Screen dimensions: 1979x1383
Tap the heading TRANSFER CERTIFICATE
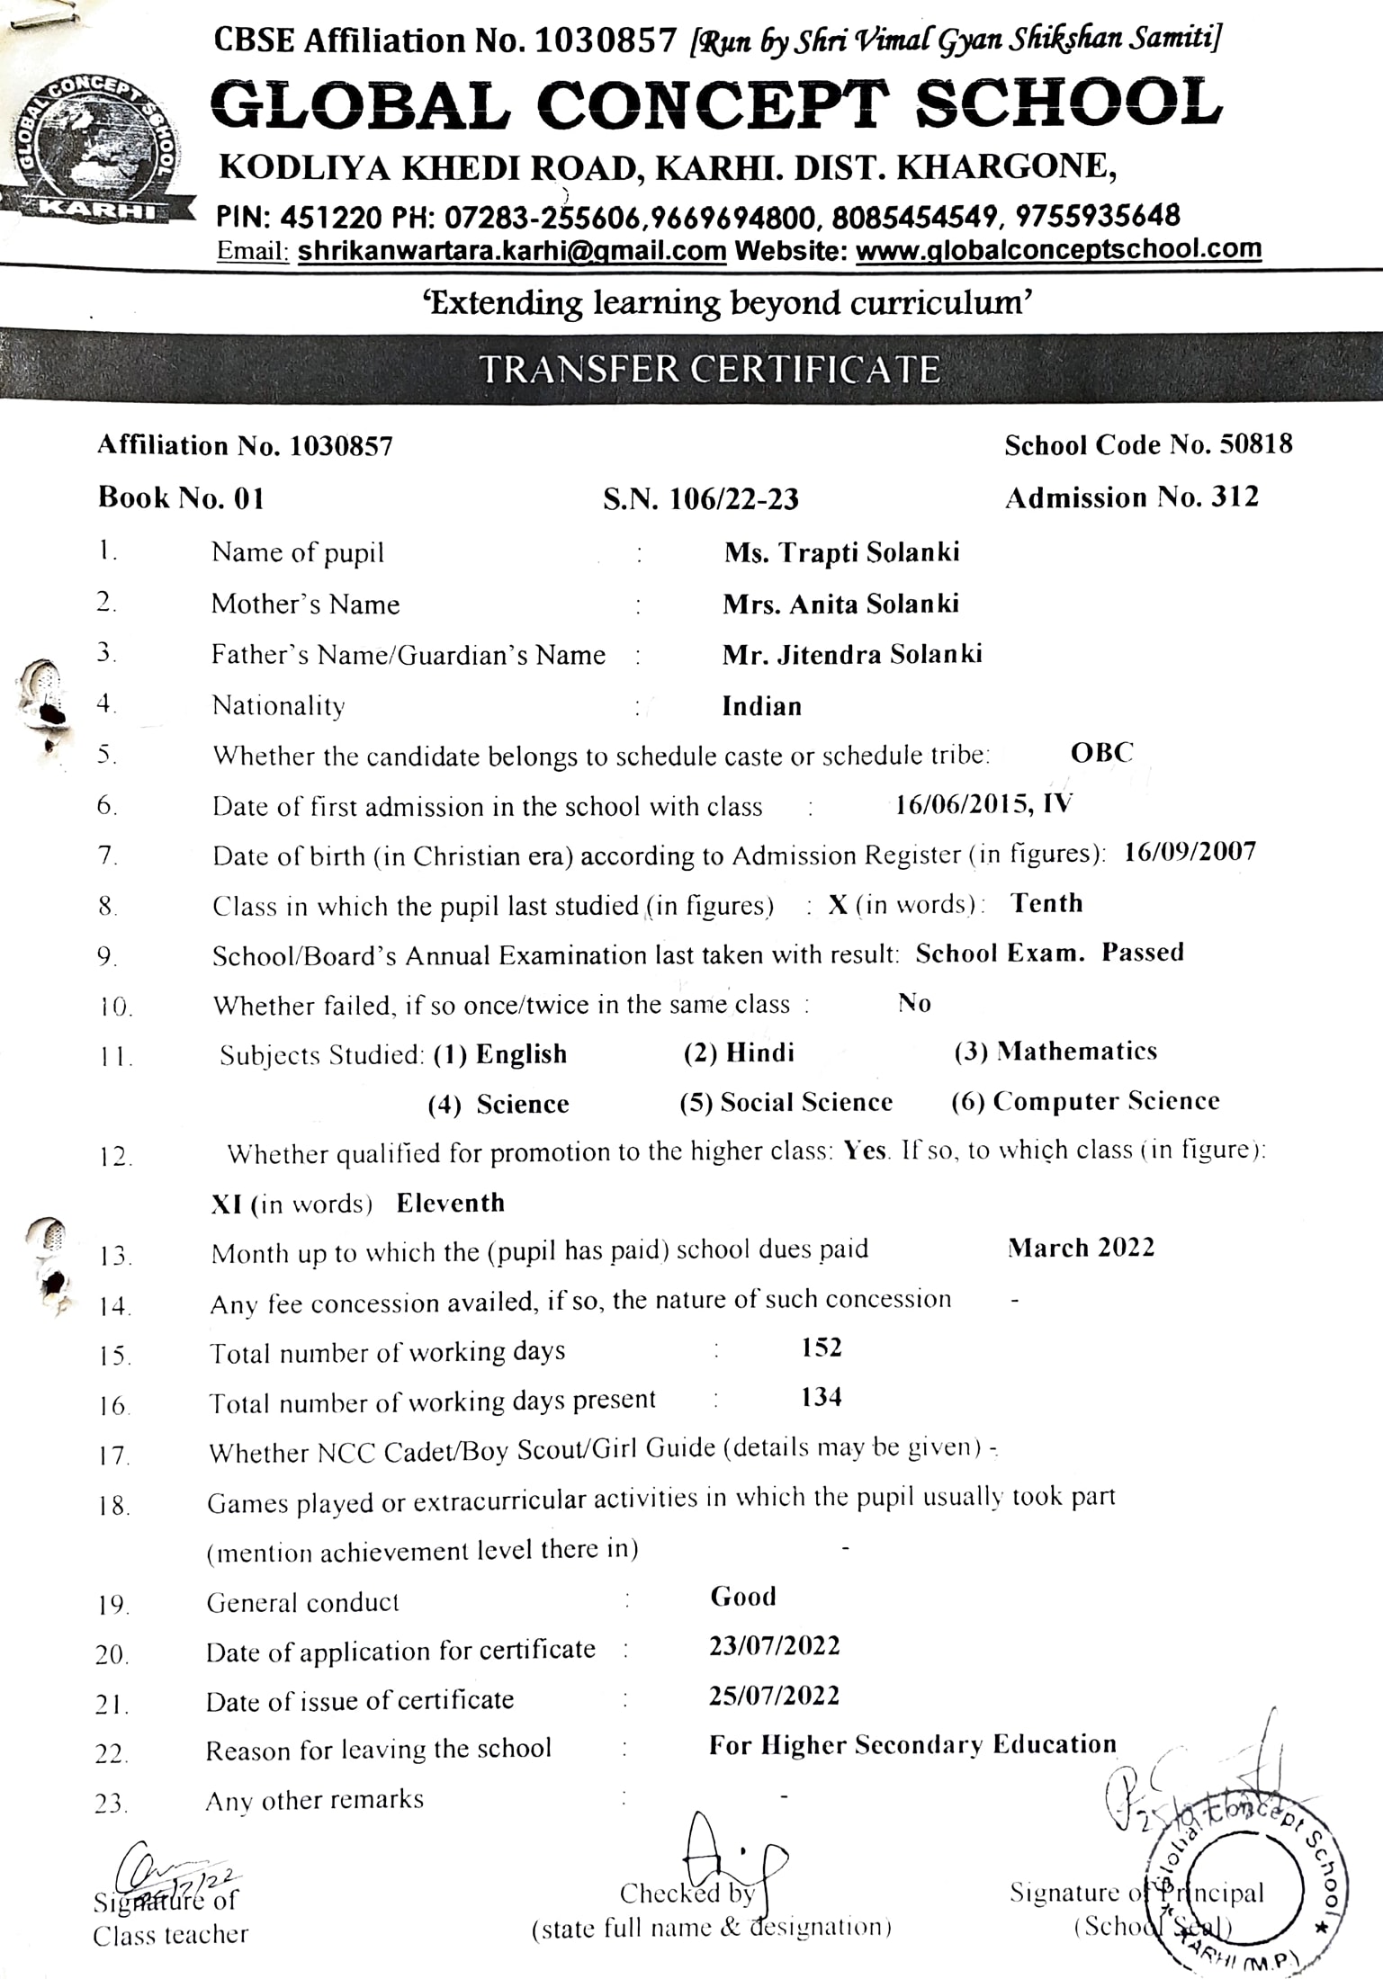[709, 370]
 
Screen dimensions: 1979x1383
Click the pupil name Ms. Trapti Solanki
[841, 551]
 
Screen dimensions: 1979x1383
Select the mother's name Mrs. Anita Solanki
[840, 604]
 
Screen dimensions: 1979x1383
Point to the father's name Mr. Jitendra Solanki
[851, 654]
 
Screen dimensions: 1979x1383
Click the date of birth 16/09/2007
[1190, 852]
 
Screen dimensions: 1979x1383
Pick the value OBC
[1101, 753]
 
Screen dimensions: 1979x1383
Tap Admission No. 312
[1131, 497]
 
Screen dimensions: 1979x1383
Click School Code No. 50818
[1148, 444]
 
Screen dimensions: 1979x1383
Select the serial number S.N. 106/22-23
[700, 498]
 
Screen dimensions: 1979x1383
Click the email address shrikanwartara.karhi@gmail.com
[511, 251]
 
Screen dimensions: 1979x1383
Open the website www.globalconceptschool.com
[1058, 248]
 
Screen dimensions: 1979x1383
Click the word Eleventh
[450, 1203]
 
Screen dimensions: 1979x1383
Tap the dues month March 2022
[1081, 1248]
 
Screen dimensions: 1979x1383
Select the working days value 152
[821, 1348]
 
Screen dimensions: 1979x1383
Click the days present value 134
[821, 1397]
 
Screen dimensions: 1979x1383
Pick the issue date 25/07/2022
[774, 1696]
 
